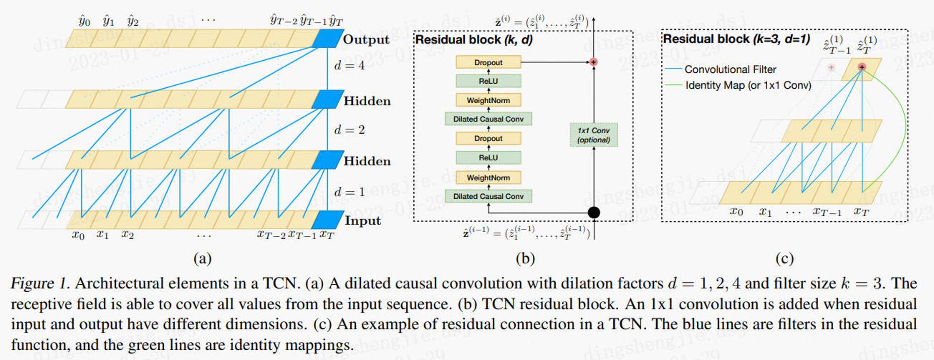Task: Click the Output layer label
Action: pyautogui.click(x=366, y=39)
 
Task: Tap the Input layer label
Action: pyautogui.click(x=363, y=220)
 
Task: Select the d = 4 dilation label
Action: pyautogui.click(x=349, y=65)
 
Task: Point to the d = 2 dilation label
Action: pyautogui.click(x=349, y=129)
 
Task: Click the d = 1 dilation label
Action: pyautogui.click(x=349, y=191)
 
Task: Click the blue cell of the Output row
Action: pyautogui.click(x=327, y=38)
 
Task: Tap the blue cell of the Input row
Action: pyautogui.click(x=327, y=220)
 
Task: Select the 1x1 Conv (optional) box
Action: pyautogui.click(x=594, y=135)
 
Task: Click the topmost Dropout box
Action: pyautogui.click(x=488, y=62)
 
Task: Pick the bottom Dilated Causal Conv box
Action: pyautogui.click(x=488, y=196)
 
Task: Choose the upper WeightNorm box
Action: pyautogui.click(x=488, y=100)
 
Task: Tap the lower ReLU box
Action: pyautogui.click(x=488, y=158)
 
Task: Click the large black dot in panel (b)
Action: pyautogui.click(x=594, y=212)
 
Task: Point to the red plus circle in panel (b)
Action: pyautogui.click(x=594, y=62)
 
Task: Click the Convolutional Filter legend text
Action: pyautogui.click(x=730, y=70)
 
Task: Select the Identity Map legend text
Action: pyautogui.click(x=748, y=85)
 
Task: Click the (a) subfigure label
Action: pyautogui.click(x=202, y=258)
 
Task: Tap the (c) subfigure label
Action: pyautogui.click(x=784, y=258)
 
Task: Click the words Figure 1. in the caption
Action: pyautogui.click(x=40, y=283)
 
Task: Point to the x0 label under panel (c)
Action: pyautogui.click(x=736, y=212)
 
